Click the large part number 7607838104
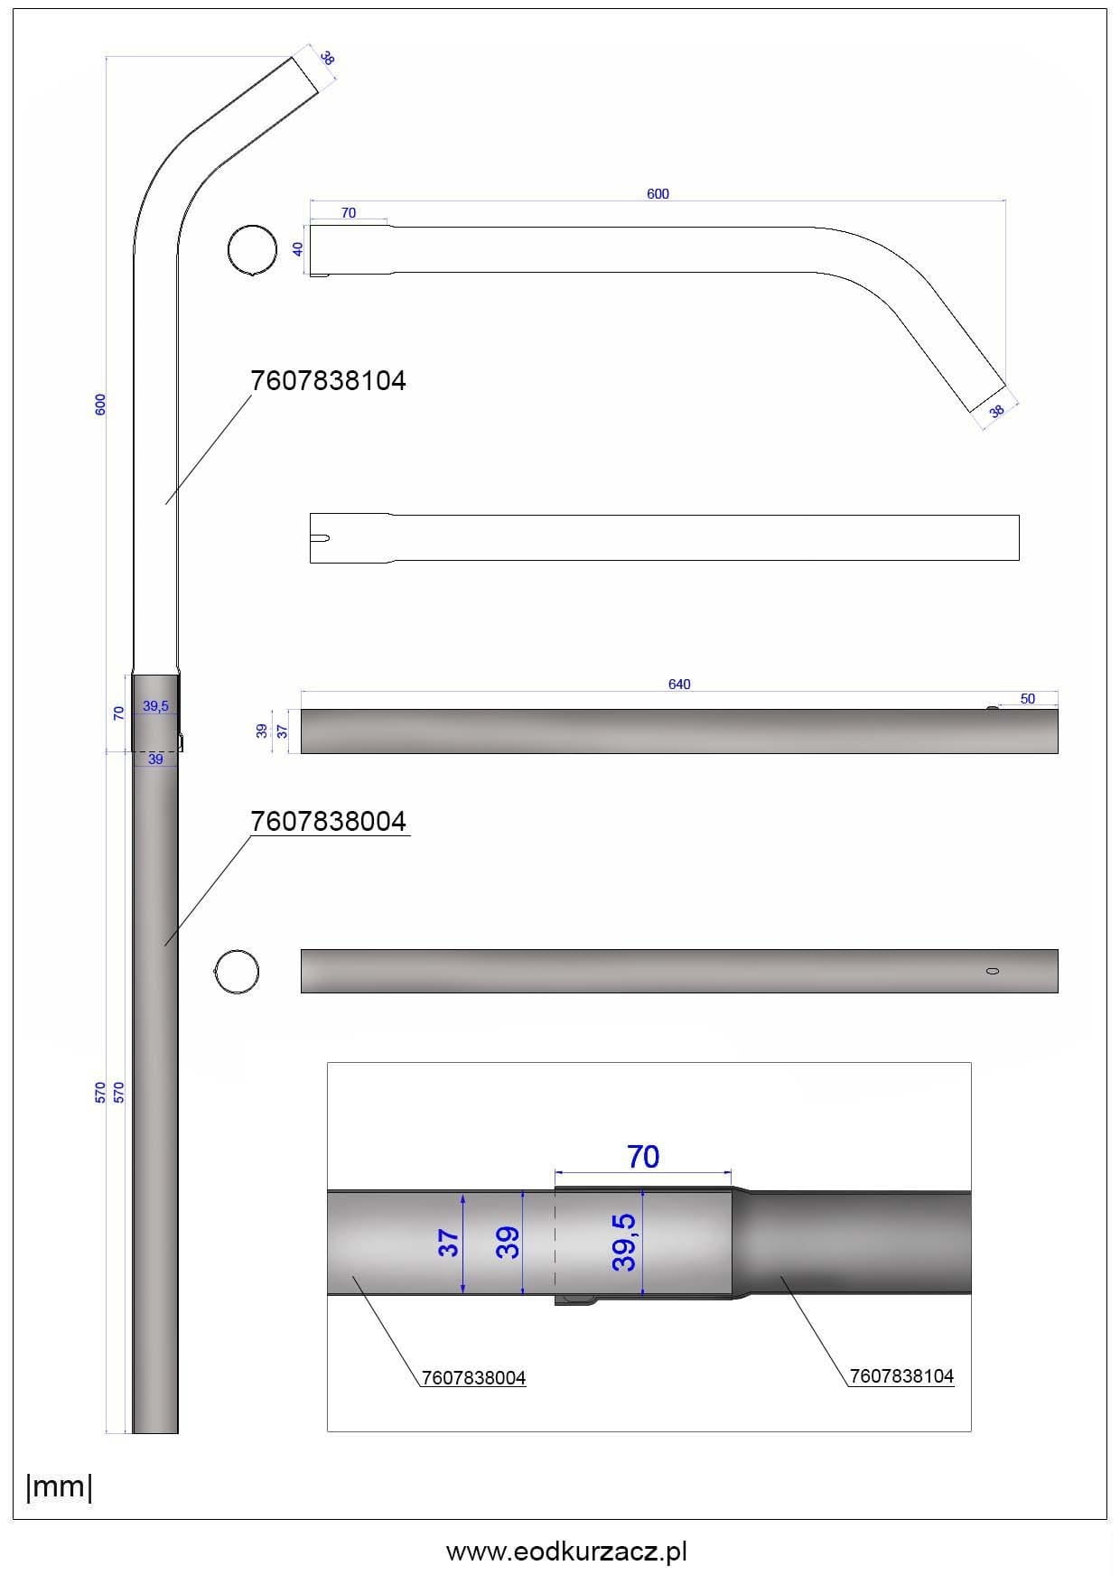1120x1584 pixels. pyautogui.click(x=328, y=381)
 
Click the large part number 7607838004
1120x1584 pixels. pyautogui.click(x=328, y=822)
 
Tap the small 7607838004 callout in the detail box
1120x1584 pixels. pyautogui.click(x=473, y=1378)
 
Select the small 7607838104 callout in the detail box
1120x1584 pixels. pyautogui.click(x=901, y=1376)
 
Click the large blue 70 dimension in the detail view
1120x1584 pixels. pyautogui.click(x=643, y=1157)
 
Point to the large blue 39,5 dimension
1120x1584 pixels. pyautogui.click(x=624, y=1242)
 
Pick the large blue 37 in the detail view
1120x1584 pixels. pyautogui.click(x=449, y=1244)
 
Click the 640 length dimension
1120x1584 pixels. pyautogui.click(x=679, y=685)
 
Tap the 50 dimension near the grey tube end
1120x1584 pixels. pyautogui.click(x=1028, y=699)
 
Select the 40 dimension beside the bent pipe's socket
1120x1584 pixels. pyautogui.click(x=299, y=248)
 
